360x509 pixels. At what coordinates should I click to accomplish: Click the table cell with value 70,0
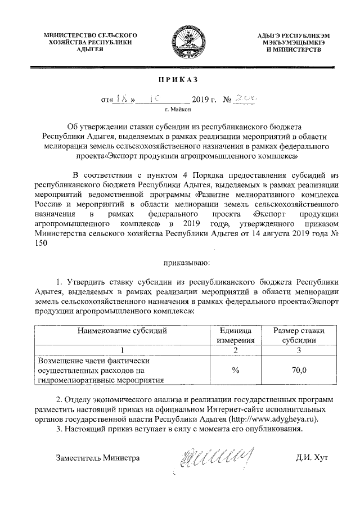(299, 370)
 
